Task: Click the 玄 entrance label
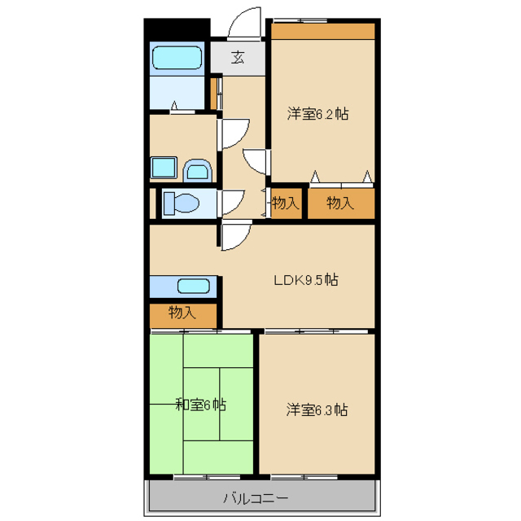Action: pos(238,58)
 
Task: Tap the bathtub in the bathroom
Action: pos(177,58)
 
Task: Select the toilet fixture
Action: pos(182,203)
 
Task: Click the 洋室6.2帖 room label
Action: pos(318,114)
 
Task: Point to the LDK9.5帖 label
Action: pos(306,280)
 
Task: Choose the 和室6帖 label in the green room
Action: pos(201,405)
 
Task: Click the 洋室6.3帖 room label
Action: pos(317,409)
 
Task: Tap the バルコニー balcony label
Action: pos(256,498)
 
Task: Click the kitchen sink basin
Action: pos(194,286)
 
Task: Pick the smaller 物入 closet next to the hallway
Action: pos(287,204)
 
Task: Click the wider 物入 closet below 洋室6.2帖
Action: pos(341,204)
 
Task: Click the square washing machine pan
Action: pos(164,168)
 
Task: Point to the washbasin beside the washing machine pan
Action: pos(198,171)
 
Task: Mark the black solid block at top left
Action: pos(177,29)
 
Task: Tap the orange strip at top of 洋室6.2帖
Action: pos(323,31)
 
